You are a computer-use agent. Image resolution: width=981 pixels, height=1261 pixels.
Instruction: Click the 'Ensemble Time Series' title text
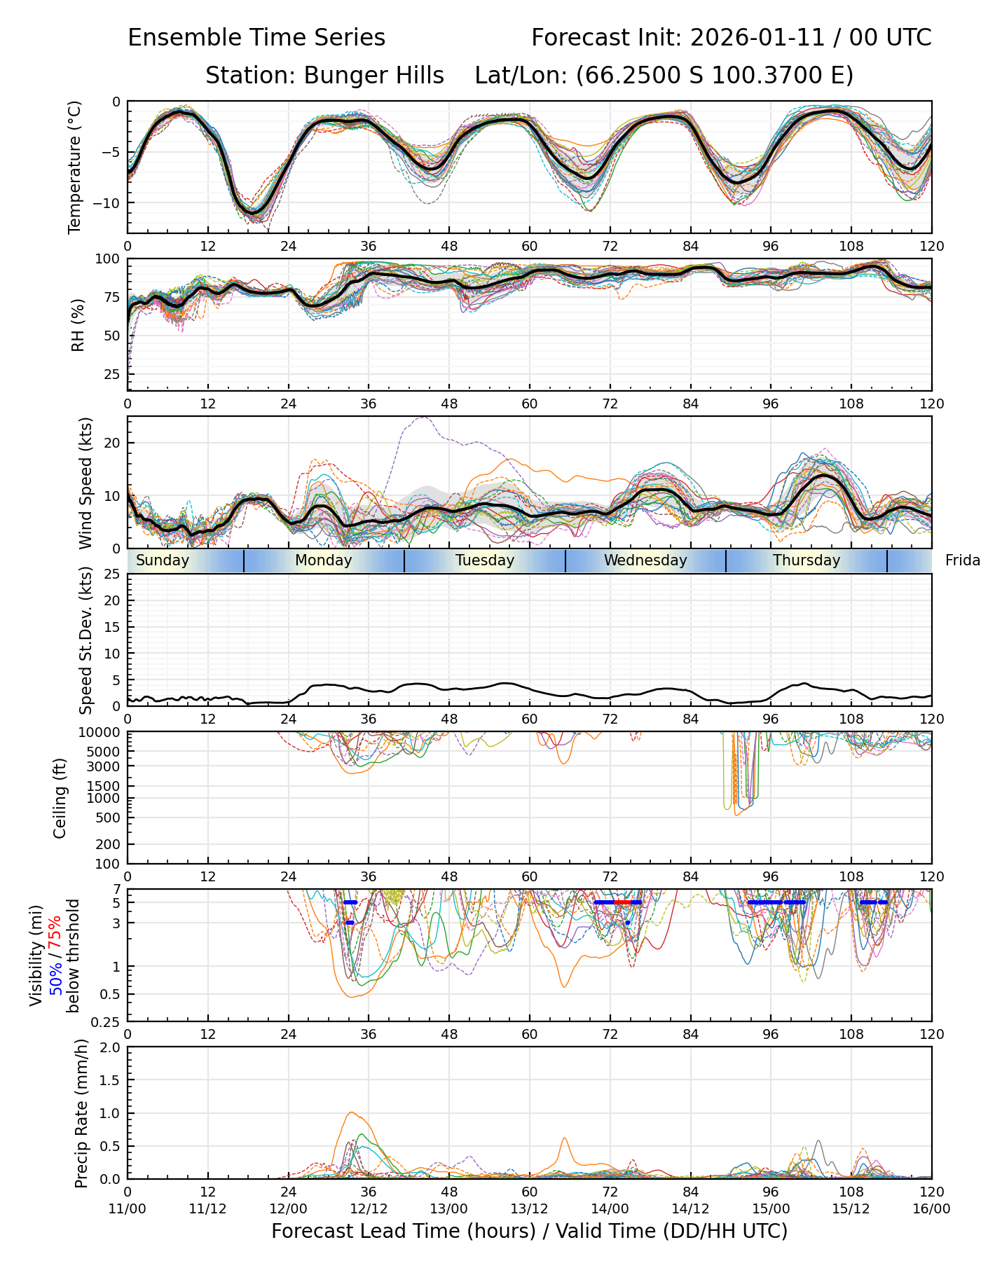(256, 38)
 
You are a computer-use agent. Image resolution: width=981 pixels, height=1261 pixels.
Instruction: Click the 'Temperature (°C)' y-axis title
(75, 167)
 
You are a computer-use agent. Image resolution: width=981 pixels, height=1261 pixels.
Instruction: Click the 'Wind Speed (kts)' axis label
(85, 483)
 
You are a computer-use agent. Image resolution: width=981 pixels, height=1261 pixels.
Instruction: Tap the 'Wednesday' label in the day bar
(645, 560)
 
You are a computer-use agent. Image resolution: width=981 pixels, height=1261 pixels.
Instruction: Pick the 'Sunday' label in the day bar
(163, 560)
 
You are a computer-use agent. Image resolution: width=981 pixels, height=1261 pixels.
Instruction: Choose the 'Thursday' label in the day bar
(807, 560)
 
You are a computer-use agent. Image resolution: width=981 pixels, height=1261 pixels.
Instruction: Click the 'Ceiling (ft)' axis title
(60, 798)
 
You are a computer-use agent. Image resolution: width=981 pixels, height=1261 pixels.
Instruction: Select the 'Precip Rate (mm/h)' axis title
(81, 1113)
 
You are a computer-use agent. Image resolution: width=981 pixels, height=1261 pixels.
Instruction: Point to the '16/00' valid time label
(931, 1208)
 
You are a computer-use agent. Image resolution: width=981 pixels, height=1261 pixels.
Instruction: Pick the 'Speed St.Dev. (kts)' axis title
(85, 640)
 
